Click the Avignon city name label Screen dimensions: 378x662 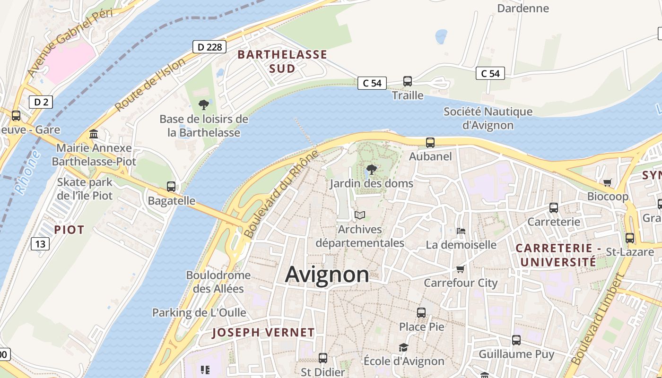point(327,275)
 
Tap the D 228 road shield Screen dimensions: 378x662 point(209,47)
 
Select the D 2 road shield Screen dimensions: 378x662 point(41,102)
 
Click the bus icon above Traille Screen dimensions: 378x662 point(408,81)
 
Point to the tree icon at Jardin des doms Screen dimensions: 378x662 point(372,169)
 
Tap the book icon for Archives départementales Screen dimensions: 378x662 point(360,215)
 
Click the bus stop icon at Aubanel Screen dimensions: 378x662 point(430,142)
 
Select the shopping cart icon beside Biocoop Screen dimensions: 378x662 point(608,182)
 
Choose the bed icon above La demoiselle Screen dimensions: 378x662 point(461,231)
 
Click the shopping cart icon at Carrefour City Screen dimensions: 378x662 point(461,269)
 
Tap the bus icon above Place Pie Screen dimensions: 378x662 point(421,313)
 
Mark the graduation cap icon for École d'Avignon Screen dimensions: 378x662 point(403,348)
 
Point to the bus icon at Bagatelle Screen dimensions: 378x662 point(171,187)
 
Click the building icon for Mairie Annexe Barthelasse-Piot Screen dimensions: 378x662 point(94,134)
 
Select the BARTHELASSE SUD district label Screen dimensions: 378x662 point(282,61)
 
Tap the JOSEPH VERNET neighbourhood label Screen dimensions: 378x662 point(263,333)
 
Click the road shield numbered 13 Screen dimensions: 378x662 point(41,244)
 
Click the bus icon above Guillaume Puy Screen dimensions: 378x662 point(516,340)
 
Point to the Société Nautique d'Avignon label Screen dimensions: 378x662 point(488,119)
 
